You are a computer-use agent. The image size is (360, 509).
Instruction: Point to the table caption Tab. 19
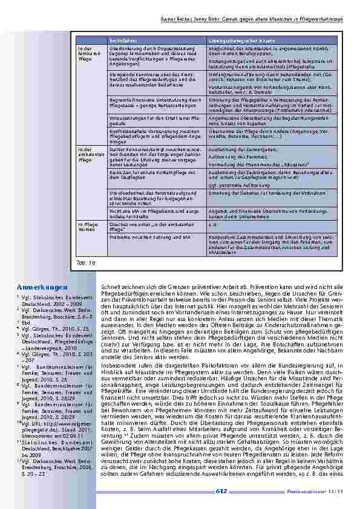click(86, 264)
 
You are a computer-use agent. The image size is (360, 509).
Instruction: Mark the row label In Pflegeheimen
click(85, 227)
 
